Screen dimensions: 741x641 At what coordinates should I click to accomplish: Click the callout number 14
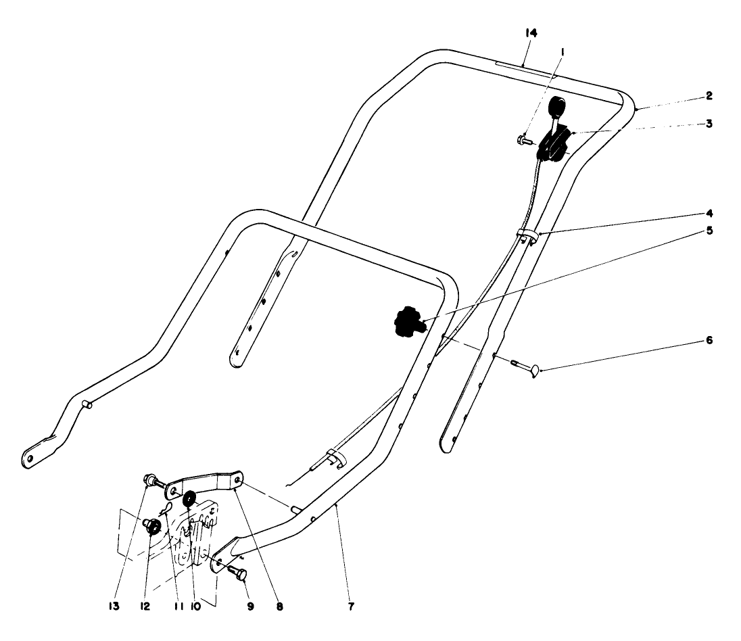(x=531, y=33)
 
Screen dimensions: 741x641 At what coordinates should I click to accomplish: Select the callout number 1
(x=563, y=51)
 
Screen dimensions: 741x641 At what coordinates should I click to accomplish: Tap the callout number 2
(x=709, y=95)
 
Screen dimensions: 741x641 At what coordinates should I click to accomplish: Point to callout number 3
(x=709, y=123)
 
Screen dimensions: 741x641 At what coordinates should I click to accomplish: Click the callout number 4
(x=709, y=213)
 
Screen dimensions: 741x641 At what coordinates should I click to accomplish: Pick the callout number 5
(x=709, y=231)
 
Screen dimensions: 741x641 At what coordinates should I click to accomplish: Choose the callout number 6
(x=709, y=340)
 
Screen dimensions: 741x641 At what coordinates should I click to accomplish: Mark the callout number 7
(x=351, y=607)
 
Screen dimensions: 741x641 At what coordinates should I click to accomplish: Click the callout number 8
(x=280, y=607)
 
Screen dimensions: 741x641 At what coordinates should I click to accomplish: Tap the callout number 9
(x=250, y=607)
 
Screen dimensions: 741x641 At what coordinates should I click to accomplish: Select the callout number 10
(x=195, y=607)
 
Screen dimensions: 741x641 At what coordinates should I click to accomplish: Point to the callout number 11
(x=178, y=607)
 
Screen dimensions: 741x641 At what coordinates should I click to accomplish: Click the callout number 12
(x=145, y=607)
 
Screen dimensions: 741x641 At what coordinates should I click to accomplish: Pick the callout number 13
(x=114, y=607)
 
